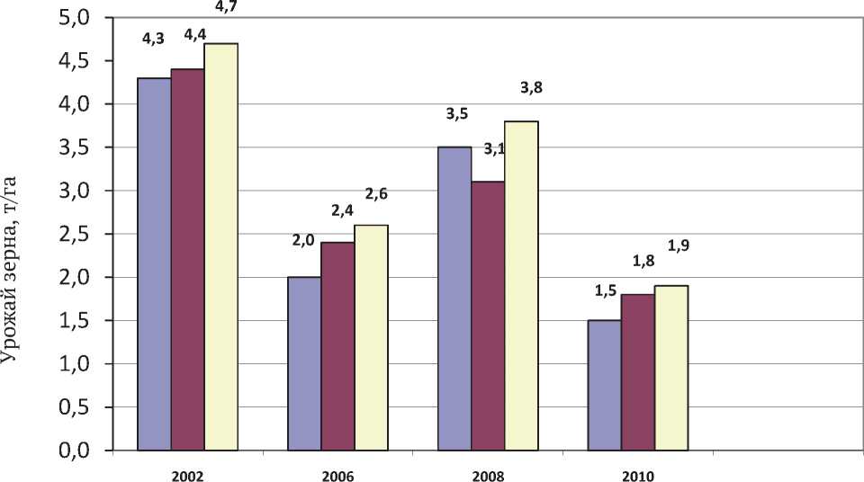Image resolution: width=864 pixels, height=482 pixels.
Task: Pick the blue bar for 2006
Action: [x=304, y=363]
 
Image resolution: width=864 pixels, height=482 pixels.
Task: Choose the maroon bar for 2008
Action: [x=488, y=316]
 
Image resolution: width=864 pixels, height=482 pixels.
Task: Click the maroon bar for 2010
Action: [x=638, y=372]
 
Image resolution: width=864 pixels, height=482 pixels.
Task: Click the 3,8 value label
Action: [x=532, y=88]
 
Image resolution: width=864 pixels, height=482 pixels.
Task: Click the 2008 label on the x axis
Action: [x=488, y=476]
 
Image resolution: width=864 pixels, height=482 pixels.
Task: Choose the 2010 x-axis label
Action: [x=638, y=476]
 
